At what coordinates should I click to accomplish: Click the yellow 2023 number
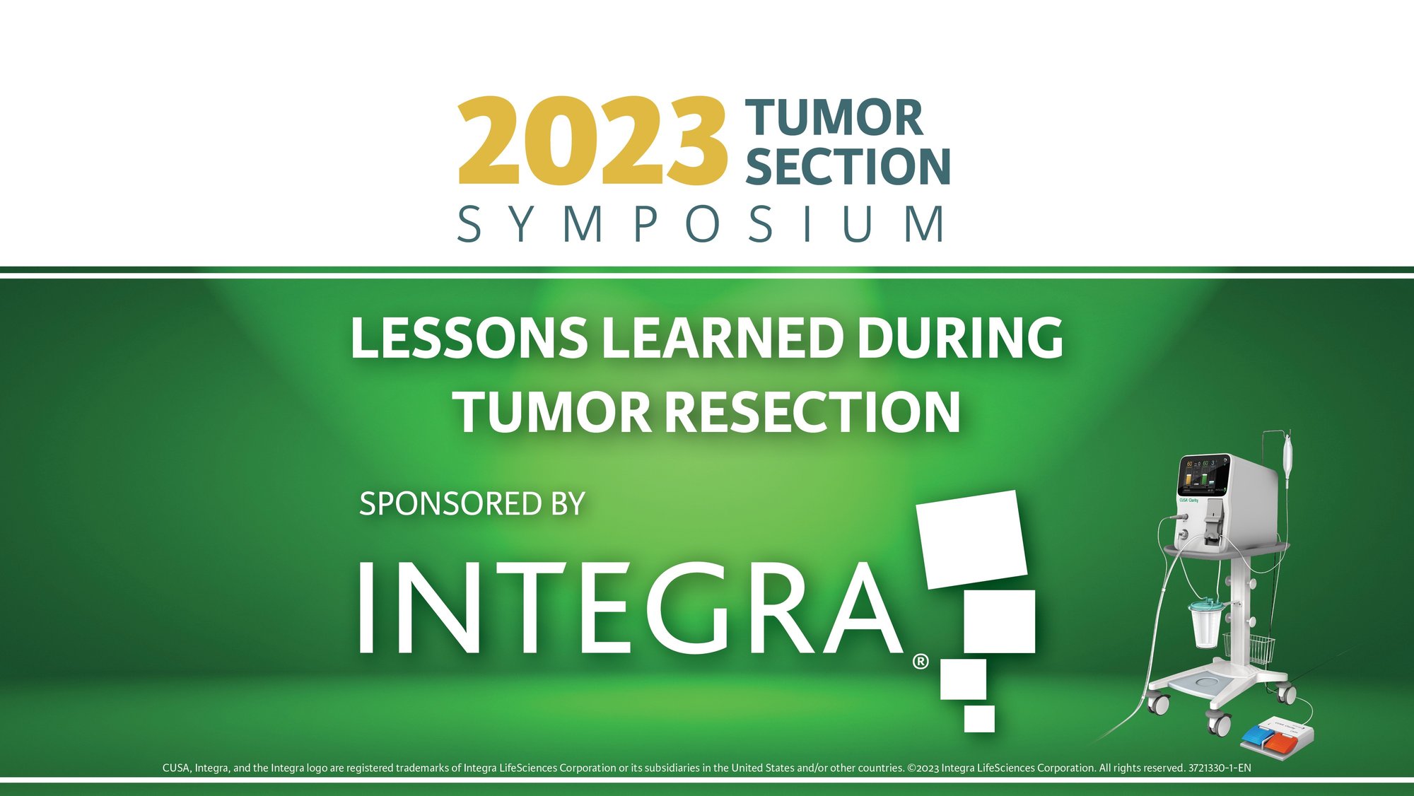point(592,141)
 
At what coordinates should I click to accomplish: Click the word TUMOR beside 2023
point(834,118)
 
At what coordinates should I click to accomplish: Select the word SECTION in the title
point(848,167)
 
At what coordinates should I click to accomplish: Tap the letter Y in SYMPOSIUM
point(521,224)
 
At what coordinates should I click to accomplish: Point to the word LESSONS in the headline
point(469,338)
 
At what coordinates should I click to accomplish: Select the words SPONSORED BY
point(472,504)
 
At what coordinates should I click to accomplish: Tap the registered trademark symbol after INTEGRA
point(921,662)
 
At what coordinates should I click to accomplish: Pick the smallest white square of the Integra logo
point(979,718)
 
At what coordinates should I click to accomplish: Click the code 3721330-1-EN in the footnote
point(1220,768)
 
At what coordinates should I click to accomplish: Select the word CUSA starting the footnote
point(175,768)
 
